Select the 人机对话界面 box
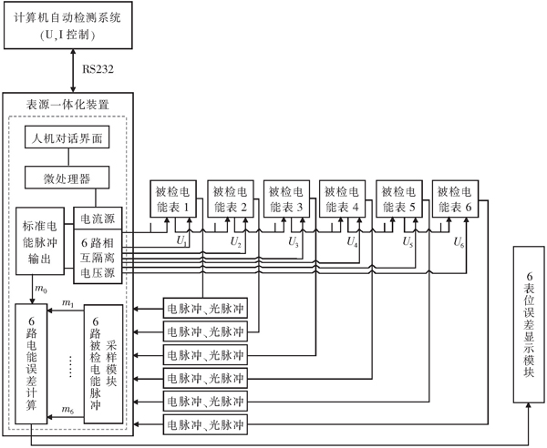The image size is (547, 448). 71,139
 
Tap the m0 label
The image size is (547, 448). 40,289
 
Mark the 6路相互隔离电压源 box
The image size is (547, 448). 98,258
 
